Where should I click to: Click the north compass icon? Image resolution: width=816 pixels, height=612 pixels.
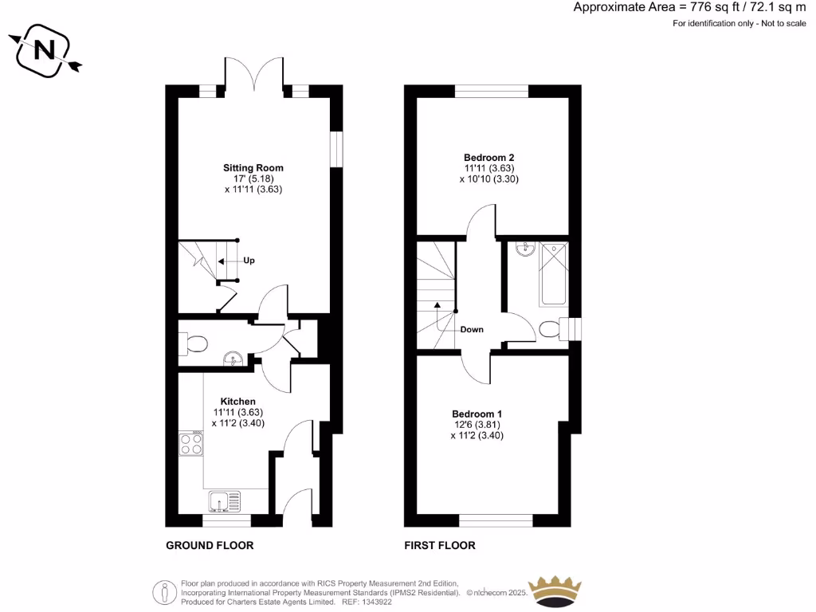tap(45, 52)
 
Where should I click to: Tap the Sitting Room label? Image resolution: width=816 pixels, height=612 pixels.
tap(253, 168)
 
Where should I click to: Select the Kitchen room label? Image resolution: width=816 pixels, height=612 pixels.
tap(238, 401)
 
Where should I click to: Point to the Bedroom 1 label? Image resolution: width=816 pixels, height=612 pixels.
tap(477, 414)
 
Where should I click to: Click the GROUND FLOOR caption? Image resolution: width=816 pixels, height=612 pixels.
tap(210, 546)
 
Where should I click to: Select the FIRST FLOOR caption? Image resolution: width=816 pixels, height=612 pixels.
tap(440, 546)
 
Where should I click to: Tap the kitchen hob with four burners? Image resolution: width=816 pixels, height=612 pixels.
tap(191, 442)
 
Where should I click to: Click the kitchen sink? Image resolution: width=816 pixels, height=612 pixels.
tap(226, 501)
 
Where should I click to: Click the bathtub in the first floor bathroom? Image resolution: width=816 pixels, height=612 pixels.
tap(553, 275)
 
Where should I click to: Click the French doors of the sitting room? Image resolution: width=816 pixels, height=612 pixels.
tap(254, 73)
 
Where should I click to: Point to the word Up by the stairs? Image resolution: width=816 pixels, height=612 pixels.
tap(249, 261)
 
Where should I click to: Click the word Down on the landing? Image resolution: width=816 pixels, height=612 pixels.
tap(472, 329)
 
